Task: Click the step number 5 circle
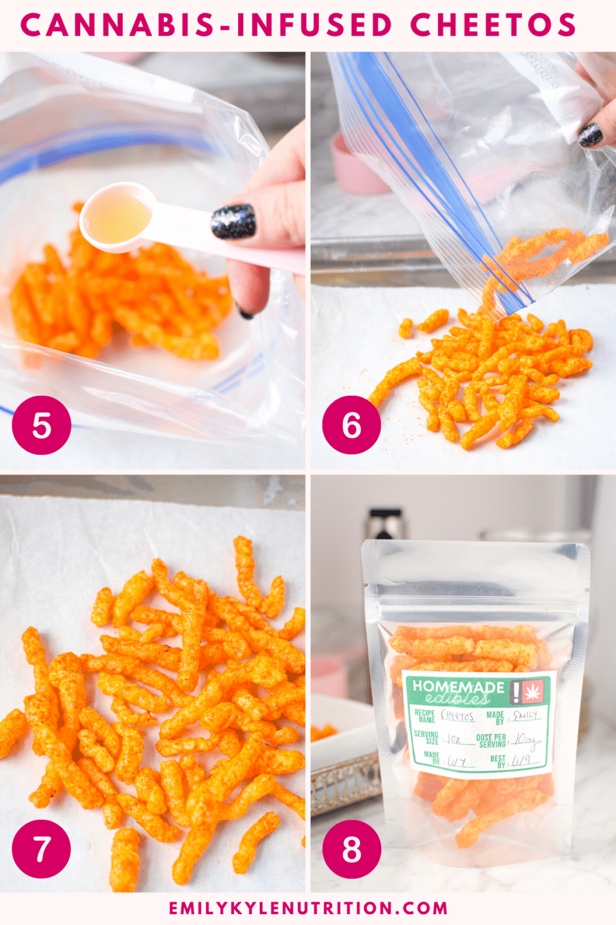(42, 425)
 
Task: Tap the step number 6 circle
(351, 425)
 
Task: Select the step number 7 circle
(42, 849)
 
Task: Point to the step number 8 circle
(351, 849)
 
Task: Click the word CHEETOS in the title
(493, 25)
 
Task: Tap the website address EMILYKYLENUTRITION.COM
(308, 908)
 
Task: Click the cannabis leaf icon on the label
(533, 691)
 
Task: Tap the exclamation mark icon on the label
(516, 692)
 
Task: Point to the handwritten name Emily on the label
(525, 716)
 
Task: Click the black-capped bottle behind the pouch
(385, 524)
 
